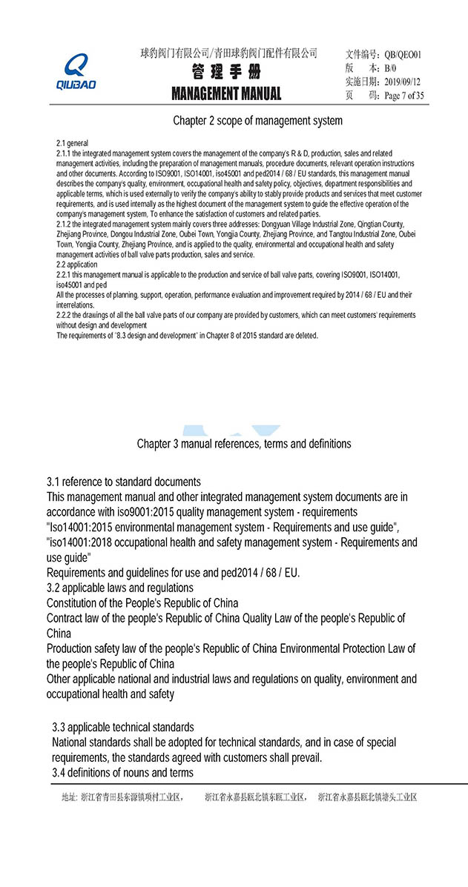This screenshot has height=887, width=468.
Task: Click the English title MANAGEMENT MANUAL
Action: [x=226, y=94]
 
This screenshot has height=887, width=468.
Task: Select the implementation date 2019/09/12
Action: [x=403, y=82]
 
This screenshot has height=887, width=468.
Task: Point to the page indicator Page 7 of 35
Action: [x=404, y=96]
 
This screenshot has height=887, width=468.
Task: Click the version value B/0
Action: [x=391, y=67]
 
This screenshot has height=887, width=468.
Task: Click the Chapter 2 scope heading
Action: [x=257, y=120]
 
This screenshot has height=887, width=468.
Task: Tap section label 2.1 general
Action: [x=73, y=142]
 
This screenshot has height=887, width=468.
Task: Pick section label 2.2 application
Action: [x=76, y=265]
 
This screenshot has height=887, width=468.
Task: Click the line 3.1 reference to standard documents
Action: [x=123, y=482]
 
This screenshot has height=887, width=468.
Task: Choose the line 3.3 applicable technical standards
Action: [x=123, y=727]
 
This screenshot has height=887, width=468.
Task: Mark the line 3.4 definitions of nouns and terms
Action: [x=122, y=773]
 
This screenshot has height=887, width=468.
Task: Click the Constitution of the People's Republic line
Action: [x=142, y=602]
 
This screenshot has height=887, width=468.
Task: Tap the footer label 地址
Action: [x=68, y=798]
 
